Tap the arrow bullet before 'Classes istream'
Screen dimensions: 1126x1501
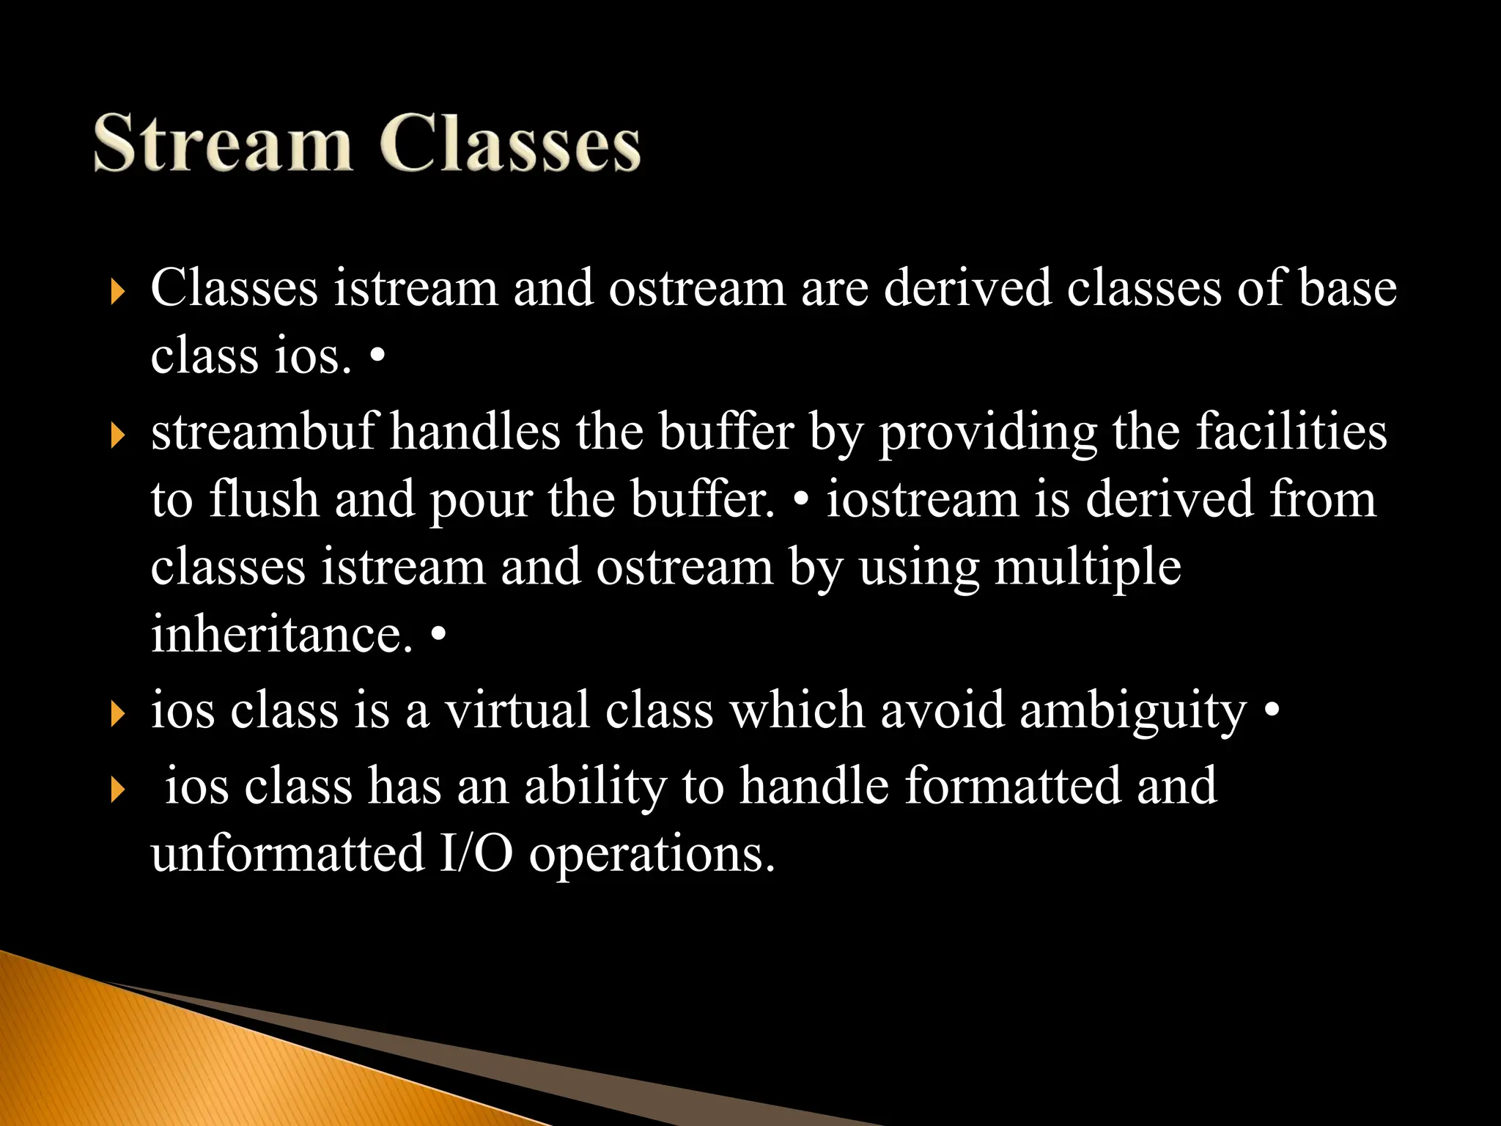(117, 292)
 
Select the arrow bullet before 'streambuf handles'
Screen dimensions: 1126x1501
(117, 435)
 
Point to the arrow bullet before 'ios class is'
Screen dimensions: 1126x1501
(117, 714)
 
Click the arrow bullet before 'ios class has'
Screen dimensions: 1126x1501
(117, 790)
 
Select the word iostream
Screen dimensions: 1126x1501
(923, 500)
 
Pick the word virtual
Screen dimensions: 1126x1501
(517, 710)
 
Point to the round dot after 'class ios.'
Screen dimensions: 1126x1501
(377, 357)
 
